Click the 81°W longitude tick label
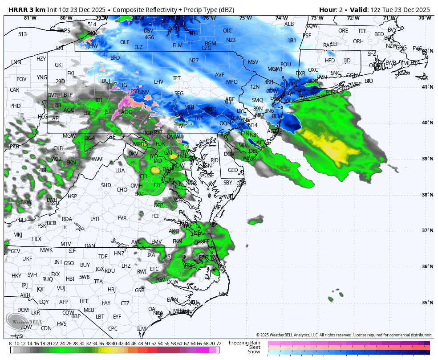click(x=30, y=18)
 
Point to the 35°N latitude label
click(x=427, y=303)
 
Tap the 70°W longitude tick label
click(x=425, y=18)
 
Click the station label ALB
click(x=289, y=24)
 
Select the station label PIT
click(x=58, y=105)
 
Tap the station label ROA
click(x=67, y=219)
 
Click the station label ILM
click(x=142, y=329)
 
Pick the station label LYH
click(x=95, y=219)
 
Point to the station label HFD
click(x=330, y=61)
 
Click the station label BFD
click(x=115, y=58)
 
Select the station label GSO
click(x=69, y=263)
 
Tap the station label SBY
click(x=228, y=183)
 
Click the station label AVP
click(x=220, y=75)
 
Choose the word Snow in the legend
click(x=254, y=352)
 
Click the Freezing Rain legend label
click(x=245, y=342)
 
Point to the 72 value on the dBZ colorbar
click(x=219, y=344)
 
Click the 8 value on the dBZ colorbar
click(x=10, y=344)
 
